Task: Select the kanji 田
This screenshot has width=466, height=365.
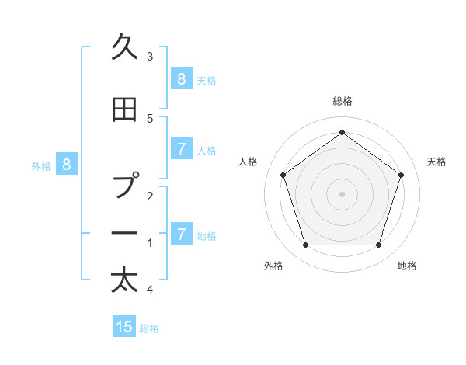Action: (x=125, y=111)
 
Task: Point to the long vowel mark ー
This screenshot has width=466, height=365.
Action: (x=127, y=234)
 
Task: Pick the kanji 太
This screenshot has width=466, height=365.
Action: (x=125, y=280)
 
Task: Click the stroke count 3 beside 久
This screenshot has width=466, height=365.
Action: (x=150, y=56)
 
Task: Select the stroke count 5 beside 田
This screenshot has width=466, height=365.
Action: (x=150, y=118)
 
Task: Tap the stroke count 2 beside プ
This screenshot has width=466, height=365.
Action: (x=150, y=196)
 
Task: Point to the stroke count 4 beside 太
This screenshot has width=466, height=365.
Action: (x=150, y=290)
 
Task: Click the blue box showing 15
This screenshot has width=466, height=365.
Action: (x=124, y=327)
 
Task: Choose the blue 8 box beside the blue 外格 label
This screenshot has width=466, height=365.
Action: (x=67, y=164)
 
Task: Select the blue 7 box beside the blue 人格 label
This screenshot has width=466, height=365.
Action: (x=181, y=149)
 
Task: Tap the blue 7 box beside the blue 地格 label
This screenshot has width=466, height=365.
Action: (x=181, y=234)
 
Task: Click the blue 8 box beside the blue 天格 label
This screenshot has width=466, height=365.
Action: (x=181, y=78)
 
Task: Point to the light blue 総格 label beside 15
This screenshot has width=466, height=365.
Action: (x=149, y=328)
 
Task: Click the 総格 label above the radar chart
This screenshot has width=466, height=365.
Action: (x=342, y=101)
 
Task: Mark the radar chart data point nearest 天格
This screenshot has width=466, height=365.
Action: (x=402, y=175)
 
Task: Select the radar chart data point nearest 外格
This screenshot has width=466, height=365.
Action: (x=305, y=245)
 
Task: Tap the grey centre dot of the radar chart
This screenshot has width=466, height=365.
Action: (x=342, y=194)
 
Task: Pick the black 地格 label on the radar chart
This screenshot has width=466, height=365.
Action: (x=407, y=266)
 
